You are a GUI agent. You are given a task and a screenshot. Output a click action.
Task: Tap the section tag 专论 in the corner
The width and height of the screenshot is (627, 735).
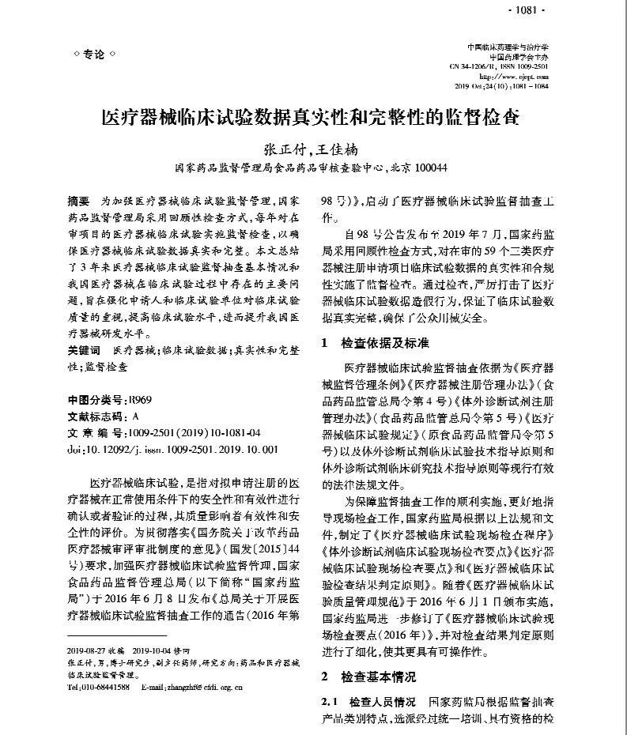point(94,54)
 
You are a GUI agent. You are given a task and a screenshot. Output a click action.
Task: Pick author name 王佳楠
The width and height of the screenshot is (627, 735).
point(334,148)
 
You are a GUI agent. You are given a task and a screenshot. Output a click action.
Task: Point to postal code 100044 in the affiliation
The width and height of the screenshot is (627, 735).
point(430,168)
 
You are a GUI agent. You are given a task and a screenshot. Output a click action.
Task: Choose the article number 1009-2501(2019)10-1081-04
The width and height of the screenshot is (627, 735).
point(187,433)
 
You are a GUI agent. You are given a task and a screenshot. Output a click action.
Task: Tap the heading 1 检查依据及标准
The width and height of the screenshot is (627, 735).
point(375,344)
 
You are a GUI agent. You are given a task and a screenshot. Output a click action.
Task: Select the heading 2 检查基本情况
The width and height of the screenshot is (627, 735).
point(368,677)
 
